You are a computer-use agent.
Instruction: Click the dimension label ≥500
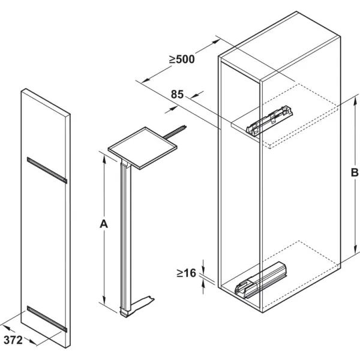182,59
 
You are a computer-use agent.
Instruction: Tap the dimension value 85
177,94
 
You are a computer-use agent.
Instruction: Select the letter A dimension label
104,224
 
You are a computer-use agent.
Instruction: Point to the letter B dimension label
355,172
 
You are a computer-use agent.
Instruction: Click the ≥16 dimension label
187,273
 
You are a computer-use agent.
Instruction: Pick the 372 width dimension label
13,340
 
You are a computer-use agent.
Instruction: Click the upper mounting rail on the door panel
47,170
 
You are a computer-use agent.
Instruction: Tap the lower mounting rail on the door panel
47,319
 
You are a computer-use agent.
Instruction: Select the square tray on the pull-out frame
143,148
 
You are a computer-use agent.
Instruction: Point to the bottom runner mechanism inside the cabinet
261,280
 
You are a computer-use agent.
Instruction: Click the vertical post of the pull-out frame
125,236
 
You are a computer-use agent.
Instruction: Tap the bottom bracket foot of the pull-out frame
138,307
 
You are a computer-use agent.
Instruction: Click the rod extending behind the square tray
175,132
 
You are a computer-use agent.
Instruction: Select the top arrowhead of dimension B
355,101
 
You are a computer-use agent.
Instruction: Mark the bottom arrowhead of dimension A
104,301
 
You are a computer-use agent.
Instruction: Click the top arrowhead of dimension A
104,160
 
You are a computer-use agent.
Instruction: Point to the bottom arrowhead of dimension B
355,249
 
